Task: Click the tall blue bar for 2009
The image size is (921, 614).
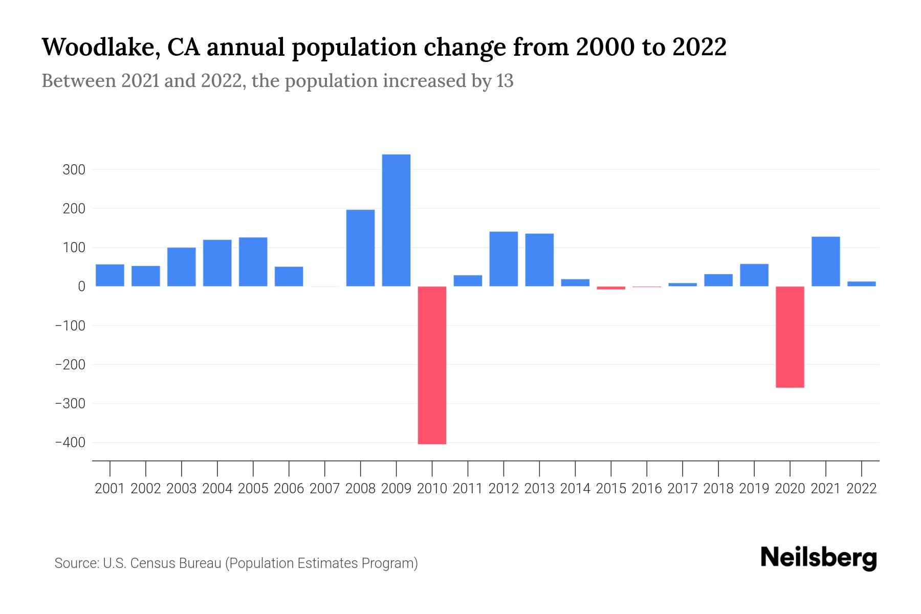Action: (396, 220)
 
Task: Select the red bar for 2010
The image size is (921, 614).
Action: (432, 365)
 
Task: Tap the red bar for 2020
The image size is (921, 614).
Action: (790, 337)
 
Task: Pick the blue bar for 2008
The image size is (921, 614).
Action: (360, 248)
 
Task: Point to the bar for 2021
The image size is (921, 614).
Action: (826, 261)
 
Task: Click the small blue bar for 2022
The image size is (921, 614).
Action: (862, 283)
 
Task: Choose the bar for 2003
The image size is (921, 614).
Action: (182, 267)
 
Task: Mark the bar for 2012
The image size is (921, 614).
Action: (503, 259)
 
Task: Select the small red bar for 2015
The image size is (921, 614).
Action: (611, 288)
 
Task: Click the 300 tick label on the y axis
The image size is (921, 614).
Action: (74, 170)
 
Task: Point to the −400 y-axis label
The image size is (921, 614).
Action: (70, 443)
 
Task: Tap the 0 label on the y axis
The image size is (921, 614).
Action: (81, 287)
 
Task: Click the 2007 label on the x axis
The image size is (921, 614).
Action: (324, 489)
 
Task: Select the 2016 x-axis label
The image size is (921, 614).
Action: (647, 489)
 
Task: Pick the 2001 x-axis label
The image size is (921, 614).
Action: (110, 489)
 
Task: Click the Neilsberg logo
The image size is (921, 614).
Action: (818, 558)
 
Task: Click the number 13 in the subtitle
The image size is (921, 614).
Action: (505, 81)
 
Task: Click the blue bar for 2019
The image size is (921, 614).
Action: (754, 275)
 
